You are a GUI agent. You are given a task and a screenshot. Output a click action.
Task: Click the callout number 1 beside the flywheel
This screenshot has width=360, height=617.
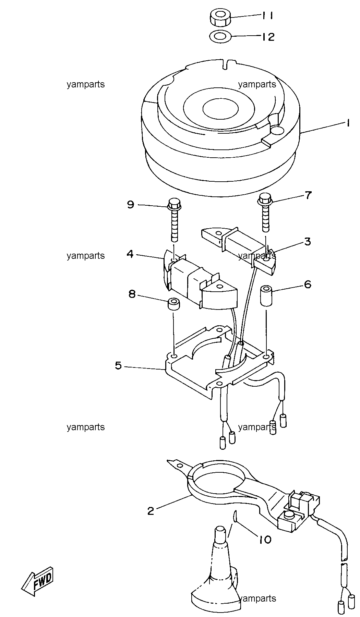(x=348, y=123)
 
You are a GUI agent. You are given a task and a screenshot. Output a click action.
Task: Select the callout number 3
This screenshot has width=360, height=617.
(x=307, y=242)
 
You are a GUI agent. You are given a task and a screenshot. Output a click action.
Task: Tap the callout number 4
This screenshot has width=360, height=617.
(x=130, y=254)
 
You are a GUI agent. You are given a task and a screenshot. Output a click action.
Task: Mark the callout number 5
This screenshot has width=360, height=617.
(x=118, y=366)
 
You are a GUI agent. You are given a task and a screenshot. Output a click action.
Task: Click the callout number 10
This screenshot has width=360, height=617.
(x=265, y=540)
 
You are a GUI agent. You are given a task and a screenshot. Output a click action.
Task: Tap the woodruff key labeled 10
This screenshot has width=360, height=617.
(x=235, y=525)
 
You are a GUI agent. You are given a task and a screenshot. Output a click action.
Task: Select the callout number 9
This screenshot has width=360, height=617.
(x=130, y=205)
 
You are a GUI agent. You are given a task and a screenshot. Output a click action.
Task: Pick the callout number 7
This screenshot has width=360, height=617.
(x=308, y=195)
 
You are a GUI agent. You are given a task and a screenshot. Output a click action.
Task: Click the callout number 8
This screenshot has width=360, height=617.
(x=132, y=294)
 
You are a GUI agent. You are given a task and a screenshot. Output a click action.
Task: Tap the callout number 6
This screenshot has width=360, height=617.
(x=308, y=284)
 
